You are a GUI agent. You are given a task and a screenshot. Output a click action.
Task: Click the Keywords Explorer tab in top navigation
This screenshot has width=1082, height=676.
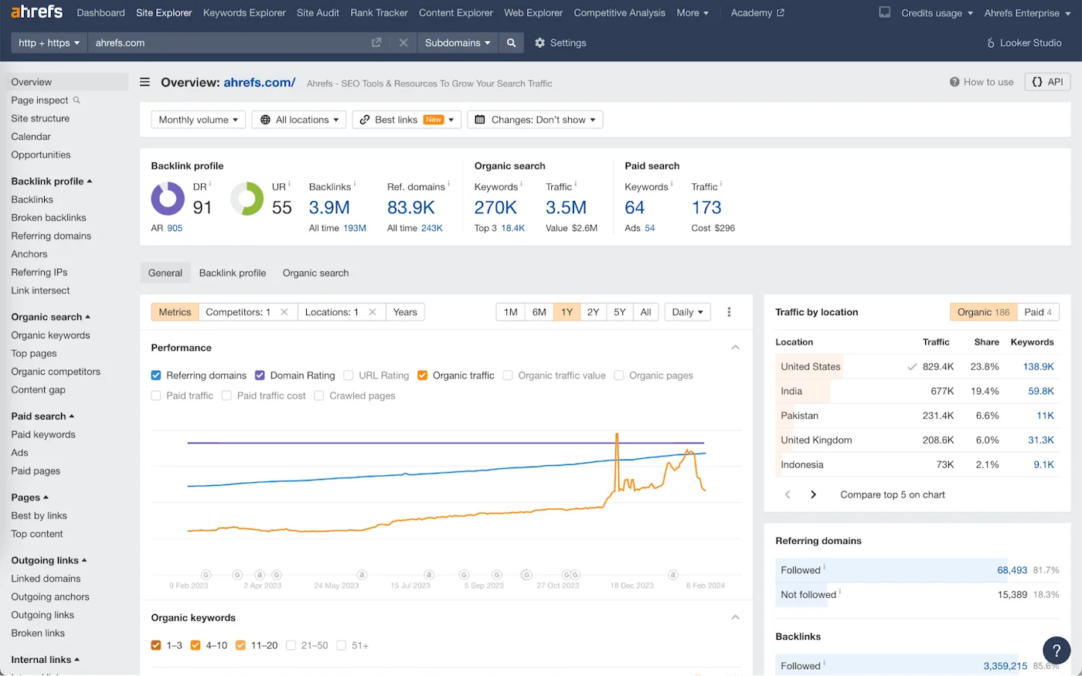[244, 13]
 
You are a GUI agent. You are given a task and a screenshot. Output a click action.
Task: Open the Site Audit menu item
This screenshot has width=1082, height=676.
[318, 13]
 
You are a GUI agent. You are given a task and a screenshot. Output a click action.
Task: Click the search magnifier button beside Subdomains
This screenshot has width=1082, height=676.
[511, 43]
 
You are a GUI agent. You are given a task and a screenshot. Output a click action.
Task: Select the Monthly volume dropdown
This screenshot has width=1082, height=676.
[198, 120]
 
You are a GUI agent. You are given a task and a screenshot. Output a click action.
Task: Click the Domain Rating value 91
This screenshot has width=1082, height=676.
[202, 207]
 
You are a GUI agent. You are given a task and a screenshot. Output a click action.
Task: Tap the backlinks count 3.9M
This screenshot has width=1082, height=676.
[329, 207]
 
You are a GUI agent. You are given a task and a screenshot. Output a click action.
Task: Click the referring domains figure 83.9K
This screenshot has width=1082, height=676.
[410, 207]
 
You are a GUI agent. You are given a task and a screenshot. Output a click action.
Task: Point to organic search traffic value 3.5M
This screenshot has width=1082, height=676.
[566, 207]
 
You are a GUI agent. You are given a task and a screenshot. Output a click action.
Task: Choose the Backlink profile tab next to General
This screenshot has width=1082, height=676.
[232, 273]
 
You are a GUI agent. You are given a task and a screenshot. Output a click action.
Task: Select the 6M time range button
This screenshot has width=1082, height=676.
[539, 312]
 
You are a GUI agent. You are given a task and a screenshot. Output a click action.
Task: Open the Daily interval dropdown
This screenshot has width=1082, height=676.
[687, 312]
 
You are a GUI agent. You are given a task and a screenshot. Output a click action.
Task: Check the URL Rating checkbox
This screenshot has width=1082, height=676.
[349, 375]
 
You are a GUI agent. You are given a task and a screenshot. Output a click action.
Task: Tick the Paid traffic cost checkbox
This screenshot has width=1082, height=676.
[226, 396]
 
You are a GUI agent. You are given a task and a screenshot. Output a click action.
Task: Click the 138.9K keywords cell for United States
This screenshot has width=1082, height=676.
[1038, 367]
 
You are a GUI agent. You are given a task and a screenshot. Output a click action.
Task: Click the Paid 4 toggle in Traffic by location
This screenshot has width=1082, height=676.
[1038, 312]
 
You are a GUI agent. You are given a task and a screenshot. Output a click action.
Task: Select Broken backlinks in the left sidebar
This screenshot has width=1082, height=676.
[49, 218]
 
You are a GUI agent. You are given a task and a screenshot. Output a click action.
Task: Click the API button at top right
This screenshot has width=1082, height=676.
[1047, 82]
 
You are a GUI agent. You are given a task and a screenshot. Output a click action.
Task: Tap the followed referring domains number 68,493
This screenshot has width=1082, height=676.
[1012, 570]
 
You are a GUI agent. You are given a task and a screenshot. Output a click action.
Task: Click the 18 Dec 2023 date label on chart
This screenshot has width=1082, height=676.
[631, 586]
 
